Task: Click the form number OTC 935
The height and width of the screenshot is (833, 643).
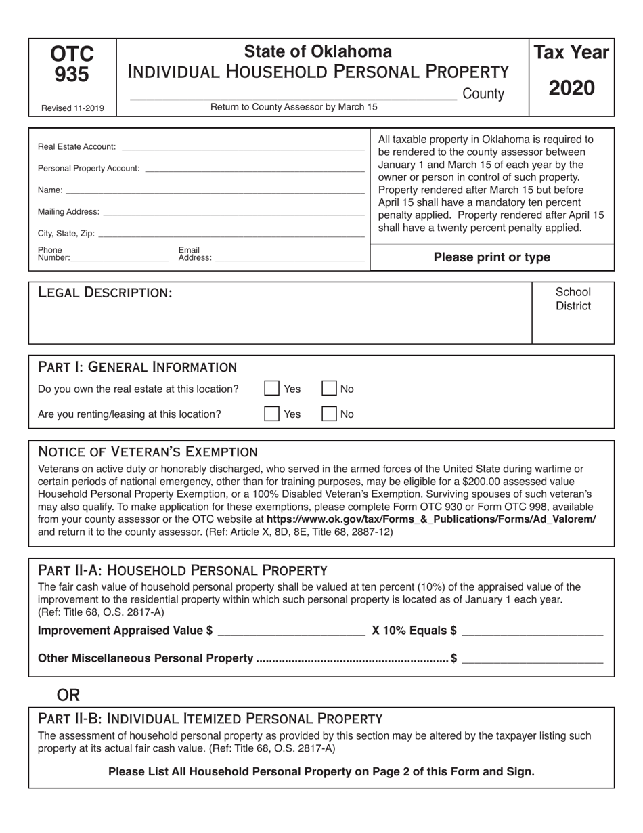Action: pyautogui.click(x=72, y=64)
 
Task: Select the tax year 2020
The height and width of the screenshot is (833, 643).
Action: pyautogui.click(x=571, y=88)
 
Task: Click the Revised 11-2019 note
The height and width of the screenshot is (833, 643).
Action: pyautogui.click(x=72, y=108)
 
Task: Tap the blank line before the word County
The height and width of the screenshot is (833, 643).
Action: pyautogui.click(x=292, y=95)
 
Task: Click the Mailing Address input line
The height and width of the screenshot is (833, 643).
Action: pyautogui.click(x=234, y=212)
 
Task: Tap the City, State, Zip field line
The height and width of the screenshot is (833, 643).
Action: pyautogui.click(x=231, y=234)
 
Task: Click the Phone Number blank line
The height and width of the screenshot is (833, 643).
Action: pyautogui.click(x=119, y=258)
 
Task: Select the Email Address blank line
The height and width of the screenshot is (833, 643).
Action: pyautogui.click(x=289, y=258)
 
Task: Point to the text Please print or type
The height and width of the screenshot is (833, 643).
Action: pyautogui.click(x=491, y=257)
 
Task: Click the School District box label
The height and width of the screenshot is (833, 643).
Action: pyautogui.click(x=573, y=299)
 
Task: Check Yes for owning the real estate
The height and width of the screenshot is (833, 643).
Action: pyautogui.click(x=271, y=389)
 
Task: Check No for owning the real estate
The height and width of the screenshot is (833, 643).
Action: pyautogui.click(x=329, y=389)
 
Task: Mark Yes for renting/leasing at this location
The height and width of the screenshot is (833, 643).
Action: pyautogui.click(x=271, y=414)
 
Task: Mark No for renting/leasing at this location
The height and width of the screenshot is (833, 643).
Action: pyautogui.click(x=329, y=414)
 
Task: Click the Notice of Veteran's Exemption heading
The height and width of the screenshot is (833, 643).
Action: pyautogui.click(x=148, y=452)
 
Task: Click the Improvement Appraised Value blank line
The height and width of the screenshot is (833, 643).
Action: pyautogui.click(x=291, y=631)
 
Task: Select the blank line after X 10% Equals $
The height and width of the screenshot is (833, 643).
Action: pyautogui.click(x=532, y=631)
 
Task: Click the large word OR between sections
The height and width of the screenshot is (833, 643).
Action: pyautogui.click(x=68, y=695)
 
